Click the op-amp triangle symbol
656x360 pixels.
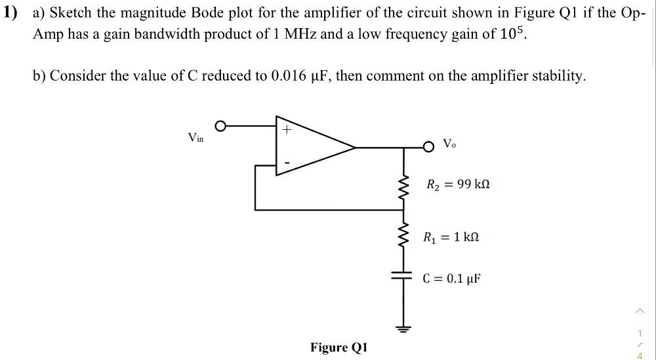308,148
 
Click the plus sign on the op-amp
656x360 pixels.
286,130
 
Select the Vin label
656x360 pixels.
195,137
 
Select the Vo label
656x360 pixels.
449,144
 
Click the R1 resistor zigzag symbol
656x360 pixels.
404,236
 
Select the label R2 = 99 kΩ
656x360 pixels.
458,185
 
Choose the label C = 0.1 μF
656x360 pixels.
452,278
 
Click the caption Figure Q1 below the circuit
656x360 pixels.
339,348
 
